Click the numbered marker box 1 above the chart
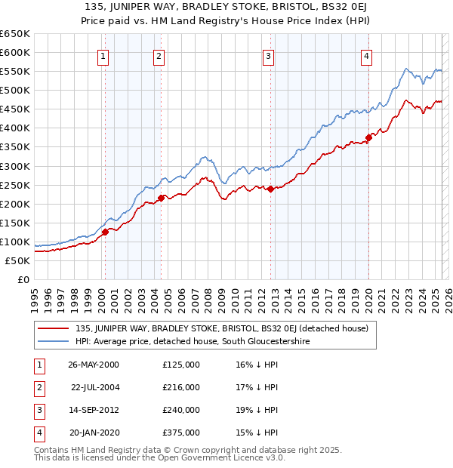[x=102, y=55]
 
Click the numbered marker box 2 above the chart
[x=159, y=55]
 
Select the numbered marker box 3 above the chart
[x=268, y=55]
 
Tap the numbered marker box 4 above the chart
[x=366, y=55]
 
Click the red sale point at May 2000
[x=106, y=232]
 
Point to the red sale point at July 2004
[x=161, y=198]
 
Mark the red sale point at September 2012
[x=270, y=189]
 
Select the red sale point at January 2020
[x=368, y=137]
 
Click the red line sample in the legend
[x=54, y=328]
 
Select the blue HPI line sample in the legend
[x=54, y=342]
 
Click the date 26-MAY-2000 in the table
[x=93, y=365]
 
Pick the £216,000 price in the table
[x=180, y=387]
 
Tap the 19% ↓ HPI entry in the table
[x=257, y=410]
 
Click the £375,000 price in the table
[x=180, y=433]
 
